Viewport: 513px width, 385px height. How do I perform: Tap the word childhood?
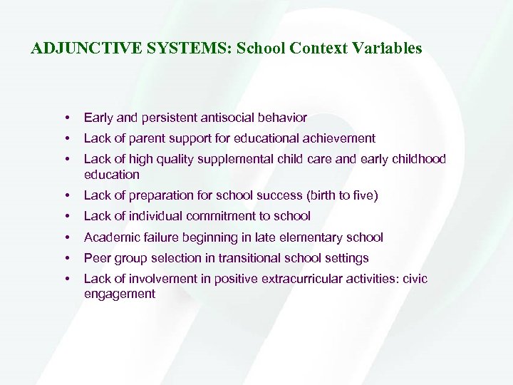pyautogui.click(x=419, y=159)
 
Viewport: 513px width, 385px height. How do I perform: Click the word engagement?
pyautogui.click(x=119, y=294)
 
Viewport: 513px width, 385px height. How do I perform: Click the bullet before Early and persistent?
pyautogui.click(x=65, y=118)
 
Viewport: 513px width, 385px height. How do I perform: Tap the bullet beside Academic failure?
pyautogui.click(x=65, y=237)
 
